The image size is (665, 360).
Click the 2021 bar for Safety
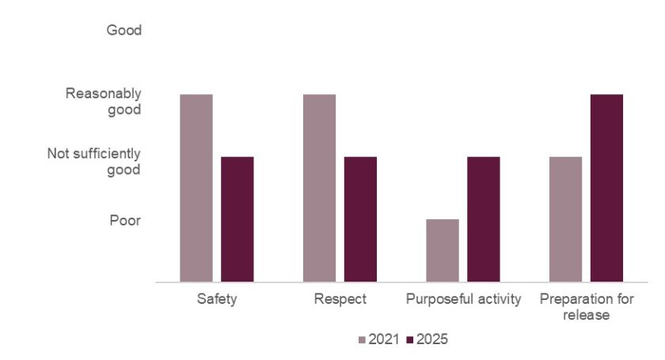(x=196, y=188)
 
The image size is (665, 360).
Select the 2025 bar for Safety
(x=237, y=219)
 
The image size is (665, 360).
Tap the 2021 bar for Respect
(x=319, y=188)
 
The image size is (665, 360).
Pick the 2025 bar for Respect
(x=360, y=219)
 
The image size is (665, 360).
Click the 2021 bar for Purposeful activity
(x=443, y=250)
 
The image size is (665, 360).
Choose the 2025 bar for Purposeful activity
(x=483, y=219)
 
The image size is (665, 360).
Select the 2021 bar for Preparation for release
(x=565, y=219)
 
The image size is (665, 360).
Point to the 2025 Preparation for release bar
(x=606, y=188)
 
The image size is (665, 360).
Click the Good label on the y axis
(x=123, y=31)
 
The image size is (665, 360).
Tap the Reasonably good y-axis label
(x=104, y=101)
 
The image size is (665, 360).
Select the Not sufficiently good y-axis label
(x=94, y=161)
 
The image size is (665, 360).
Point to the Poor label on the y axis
(x=125, y=220)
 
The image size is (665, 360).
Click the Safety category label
(x=217, y=300)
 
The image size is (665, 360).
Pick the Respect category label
(x=340, y=300)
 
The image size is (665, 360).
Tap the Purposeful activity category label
(x=463, y=300)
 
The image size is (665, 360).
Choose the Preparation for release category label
(x=586, y=307)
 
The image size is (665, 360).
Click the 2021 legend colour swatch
(x=363, y=339)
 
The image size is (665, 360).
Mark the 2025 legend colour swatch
(x=410, y=339)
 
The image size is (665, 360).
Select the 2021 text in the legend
(x=383, y=339)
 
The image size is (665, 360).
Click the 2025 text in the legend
(x=432, y=339)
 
